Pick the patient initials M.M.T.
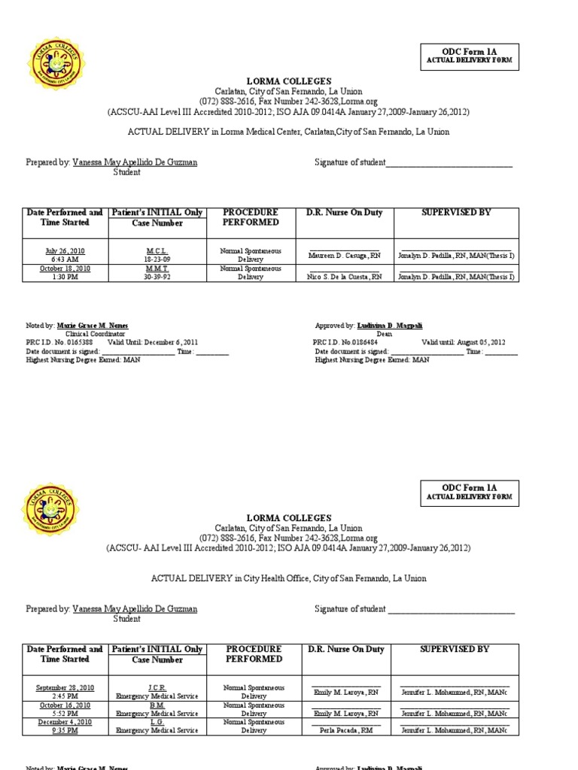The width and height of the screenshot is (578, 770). (158, 268)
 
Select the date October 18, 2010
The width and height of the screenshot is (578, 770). (65, 268)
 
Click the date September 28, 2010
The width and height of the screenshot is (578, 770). (65, 687)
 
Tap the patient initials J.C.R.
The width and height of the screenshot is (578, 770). (158, 687)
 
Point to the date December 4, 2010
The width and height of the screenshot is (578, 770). (65, 722)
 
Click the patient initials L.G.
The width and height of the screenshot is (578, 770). (158, 722)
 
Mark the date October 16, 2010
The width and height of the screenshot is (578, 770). (65, 705)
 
